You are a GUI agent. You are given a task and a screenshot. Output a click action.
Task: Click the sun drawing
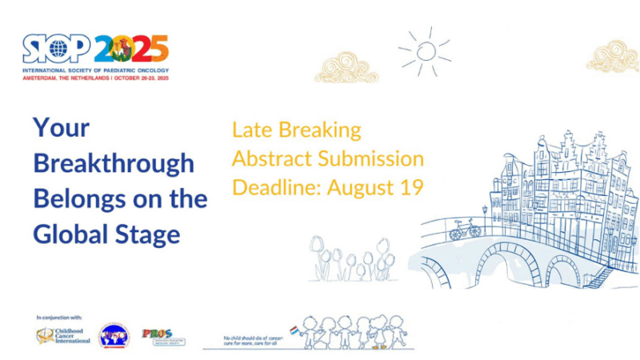[x=426, y=50]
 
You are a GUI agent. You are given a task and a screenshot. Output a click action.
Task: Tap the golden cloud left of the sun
[x=346, y=67]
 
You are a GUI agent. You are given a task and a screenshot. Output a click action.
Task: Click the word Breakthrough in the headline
[x=114, y=164]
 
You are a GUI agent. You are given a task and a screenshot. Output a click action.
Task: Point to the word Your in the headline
[x=61, y=128]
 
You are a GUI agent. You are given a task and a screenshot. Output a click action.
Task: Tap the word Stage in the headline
[x=150, y=234]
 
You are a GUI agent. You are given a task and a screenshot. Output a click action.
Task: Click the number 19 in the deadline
[x=408, y=187]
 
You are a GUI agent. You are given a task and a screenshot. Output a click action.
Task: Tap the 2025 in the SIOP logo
[x=131, y=50]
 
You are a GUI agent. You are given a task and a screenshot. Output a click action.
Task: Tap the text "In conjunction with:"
[x=59, y=318]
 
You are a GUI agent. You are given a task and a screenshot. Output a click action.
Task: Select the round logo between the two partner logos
[x=113, y=336]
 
